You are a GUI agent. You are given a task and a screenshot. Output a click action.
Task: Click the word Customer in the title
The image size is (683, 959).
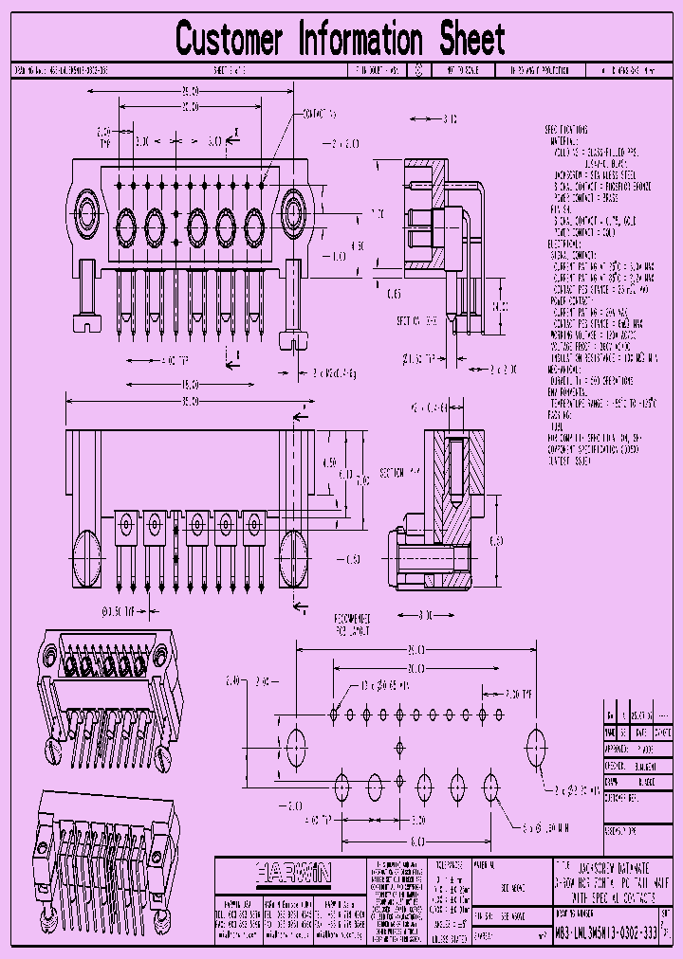[230, 40]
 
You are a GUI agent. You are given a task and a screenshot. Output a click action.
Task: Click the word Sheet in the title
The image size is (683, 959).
[471, 40]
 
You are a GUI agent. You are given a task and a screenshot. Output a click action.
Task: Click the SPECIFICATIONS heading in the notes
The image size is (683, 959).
[566, 129]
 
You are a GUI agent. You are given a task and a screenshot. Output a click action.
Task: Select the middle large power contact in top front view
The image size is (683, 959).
[197, 226]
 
